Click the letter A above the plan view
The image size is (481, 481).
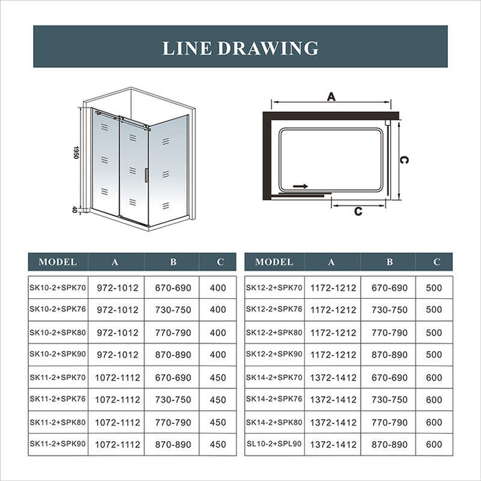coord(331,98)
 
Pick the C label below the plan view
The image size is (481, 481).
coord(357,211)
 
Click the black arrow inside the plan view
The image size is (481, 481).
coord(300,186)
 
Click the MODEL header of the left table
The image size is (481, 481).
coord(58,262)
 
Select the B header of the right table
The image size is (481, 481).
coord(389,262)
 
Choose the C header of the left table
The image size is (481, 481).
coord(220,262)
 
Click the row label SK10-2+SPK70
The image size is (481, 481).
coord(58,288)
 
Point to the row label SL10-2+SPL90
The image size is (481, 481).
coord(274,445)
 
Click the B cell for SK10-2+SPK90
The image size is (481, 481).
coord(172,355)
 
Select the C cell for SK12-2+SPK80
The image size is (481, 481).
coord(434,333)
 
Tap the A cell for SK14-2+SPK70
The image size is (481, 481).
coord(333,377)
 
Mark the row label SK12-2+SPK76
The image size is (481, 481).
coord(274,310)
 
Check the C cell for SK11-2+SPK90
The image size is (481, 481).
coord(218,445)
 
